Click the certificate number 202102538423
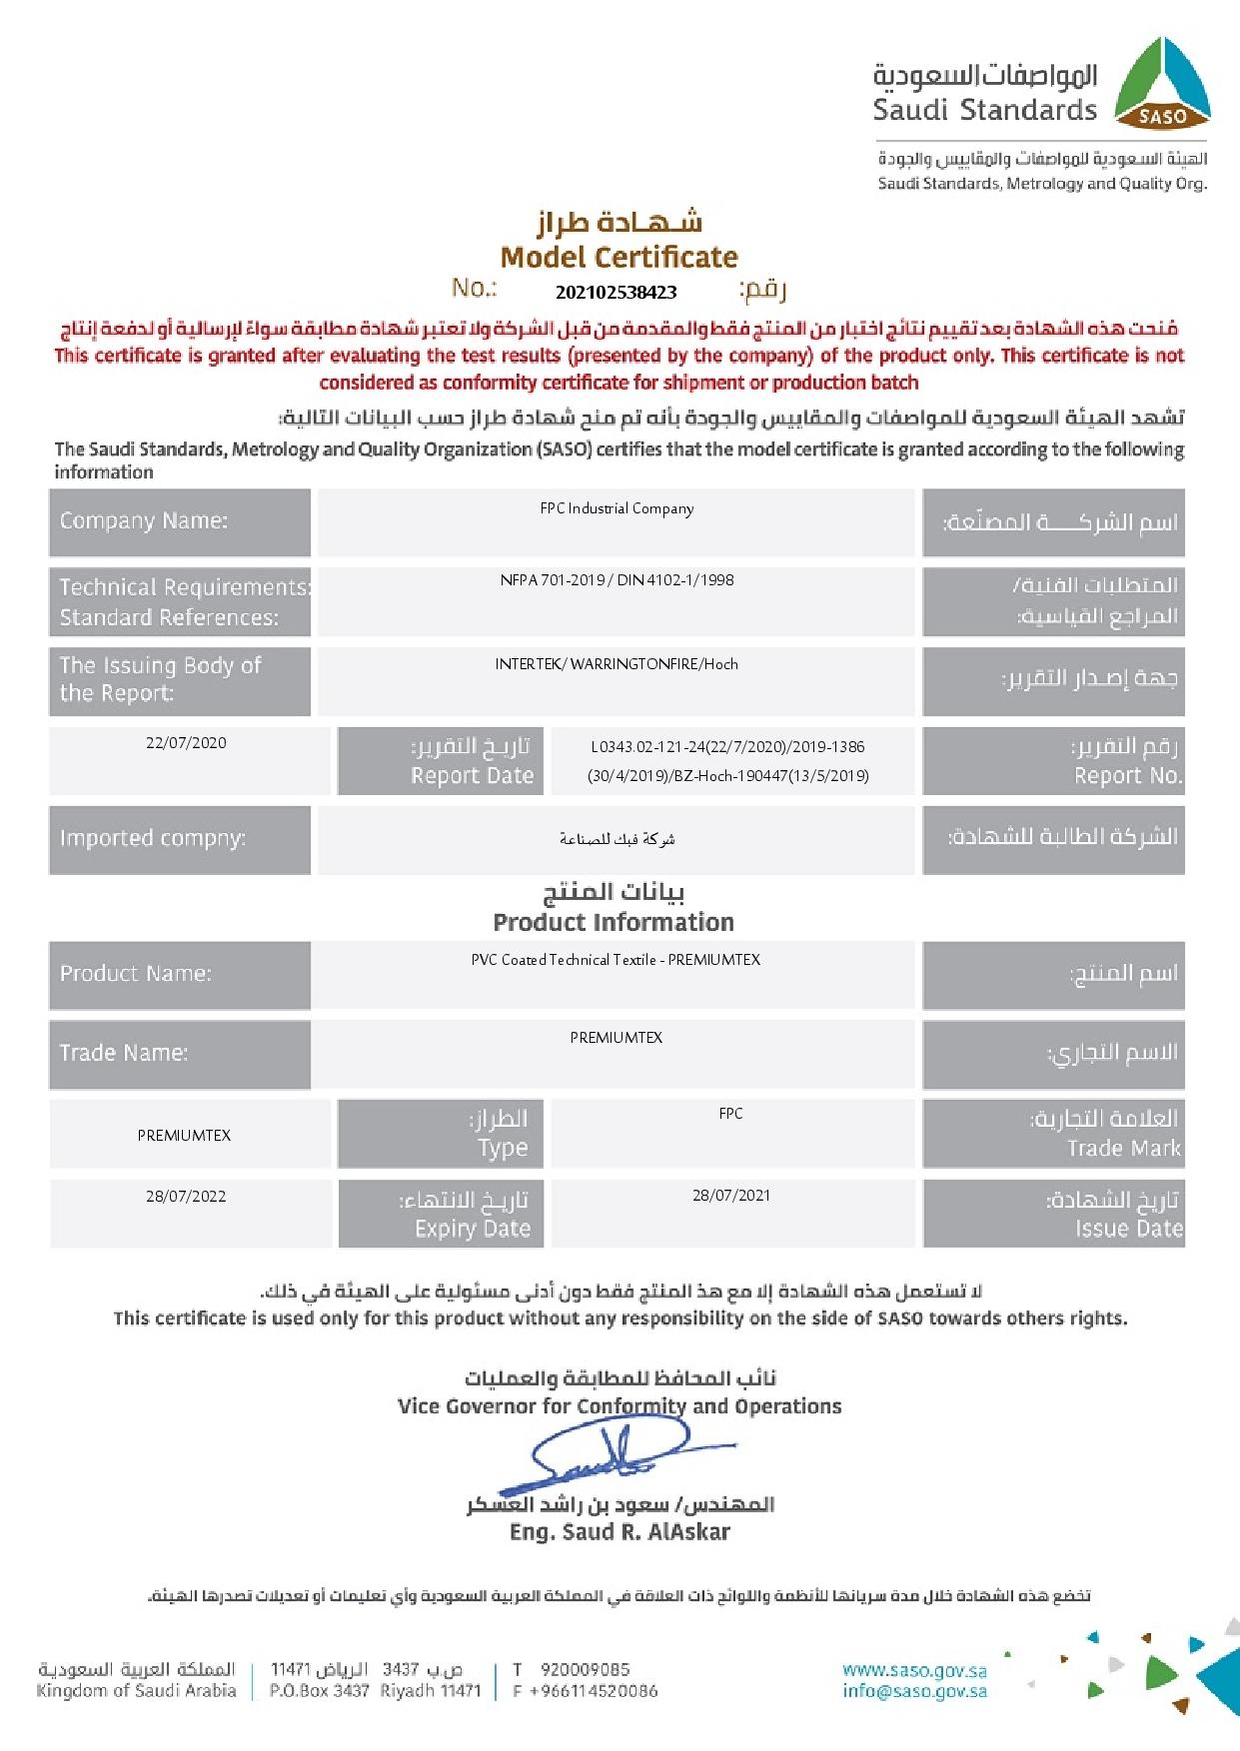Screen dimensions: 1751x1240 coord(617,293)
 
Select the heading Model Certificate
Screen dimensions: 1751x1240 coord(619,258)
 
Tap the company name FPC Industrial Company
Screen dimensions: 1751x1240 coord(617,508)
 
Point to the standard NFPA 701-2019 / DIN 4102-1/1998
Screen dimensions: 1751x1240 coord(617,580)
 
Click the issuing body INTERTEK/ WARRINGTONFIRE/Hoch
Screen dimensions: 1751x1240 coord(617,664)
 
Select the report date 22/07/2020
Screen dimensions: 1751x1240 coord(186,743)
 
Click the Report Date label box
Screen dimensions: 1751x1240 coord(441,761)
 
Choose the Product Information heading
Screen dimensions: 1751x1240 coord(614,922)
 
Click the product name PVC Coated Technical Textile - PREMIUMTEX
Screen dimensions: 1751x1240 coord(616,960)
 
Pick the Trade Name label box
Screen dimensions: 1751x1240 coord(180,1054)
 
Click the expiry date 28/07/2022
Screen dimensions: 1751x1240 coord(186,1197)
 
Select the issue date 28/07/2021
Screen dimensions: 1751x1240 coord(731,1196)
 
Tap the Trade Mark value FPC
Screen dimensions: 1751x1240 coord(730,1114)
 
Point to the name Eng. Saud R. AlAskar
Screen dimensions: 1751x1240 coord(620,1532)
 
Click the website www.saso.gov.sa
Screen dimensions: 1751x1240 coord(914,1670)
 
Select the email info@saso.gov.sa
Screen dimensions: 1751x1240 coord(914,1691)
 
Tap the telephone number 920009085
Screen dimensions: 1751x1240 coord(586,1669)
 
